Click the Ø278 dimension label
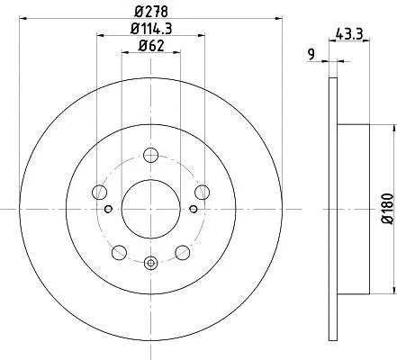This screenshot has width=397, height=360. [151, 12]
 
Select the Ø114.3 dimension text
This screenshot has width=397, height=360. [151, 29]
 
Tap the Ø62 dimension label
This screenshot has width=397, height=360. [151, 46]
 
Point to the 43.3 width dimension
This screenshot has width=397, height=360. [349, 33]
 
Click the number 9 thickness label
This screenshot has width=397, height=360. [311, 54]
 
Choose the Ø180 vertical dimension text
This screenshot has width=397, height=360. [387, 209]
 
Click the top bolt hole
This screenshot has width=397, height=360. [150, 155]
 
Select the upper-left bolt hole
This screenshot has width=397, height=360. [99, 192]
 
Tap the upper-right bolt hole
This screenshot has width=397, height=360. [202, 192]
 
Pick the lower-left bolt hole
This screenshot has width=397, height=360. [119, 252]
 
